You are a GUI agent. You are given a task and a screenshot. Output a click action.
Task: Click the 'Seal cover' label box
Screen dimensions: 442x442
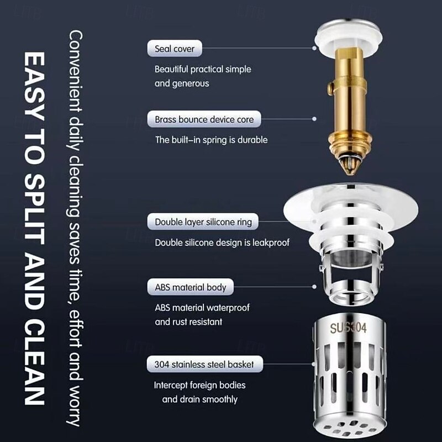175,49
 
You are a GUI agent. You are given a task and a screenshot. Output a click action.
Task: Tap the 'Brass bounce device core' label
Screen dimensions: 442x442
204,119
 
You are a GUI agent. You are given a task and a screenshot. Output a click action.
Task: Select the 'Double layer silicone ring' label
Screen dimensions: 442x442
203,222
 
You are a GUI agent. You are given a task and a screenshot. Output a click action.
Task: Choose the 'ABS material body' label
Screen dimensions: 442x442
190,287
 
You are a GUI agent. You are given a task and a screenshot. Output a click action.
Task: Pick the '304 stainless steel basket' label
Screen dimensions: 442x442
204,364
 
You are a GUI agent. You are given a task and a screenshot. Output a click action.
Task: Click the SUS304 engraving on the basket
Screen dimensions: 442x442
348,328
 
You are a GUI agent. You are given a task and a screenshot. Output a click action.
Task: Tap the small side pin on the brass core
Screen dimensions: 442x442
330,88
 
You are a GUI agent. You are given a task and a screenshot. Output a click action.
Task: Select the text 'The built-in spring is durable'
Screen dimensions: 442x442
211,140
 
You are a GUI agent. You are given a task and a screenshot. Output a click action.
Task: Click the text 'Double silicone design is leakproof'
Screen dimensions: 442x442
222,243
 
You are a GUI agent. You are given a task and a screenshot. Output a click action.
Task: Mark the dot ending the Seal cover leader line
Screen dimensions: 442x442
314,48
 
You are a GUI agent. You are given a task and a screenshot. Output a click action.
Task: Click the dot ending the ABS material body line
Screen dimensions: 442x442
314,287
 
